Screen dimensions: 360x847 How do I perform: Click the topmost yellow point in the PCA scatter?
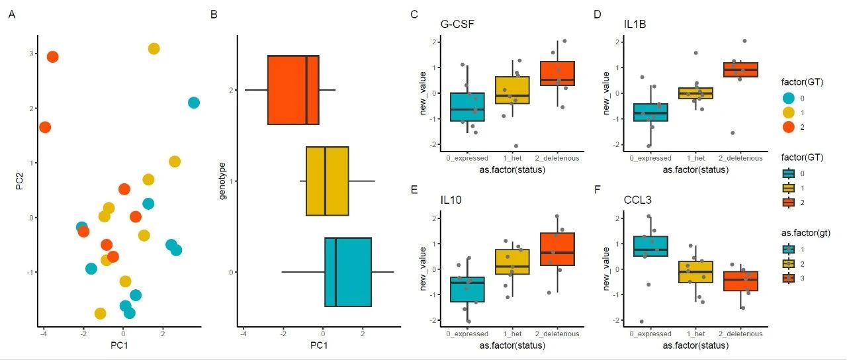pyautogui.click(x=154, y=48)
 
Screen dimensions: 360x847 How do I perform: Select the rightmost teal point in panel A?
pyautogui.click(x=193, y=103)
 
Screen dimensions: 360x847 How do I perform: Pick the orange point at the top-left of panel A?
pyautogui.click(x=52, y=57)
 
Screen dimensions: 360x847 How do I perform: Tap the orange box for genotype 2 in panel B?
pyautogui.click(x=292, y=90)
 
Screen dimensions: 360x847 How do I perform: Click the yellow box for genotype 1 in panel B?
pyautogui.click(x=327, y=181)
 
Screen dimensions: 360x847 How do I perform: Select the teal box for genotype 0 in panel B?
pyautogui.click(x=348, y=272)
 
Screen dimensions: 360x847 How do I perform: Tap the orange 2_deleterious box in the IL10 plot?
pyautogui.click(x=557, y=249)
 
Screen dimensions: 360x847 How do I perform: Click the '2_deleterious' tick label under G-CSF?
pyautogui.click(x=557, y=158)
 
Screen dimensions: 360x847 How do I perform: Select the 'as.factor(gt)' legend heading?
pyautogui.click(x=803, y=232)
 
